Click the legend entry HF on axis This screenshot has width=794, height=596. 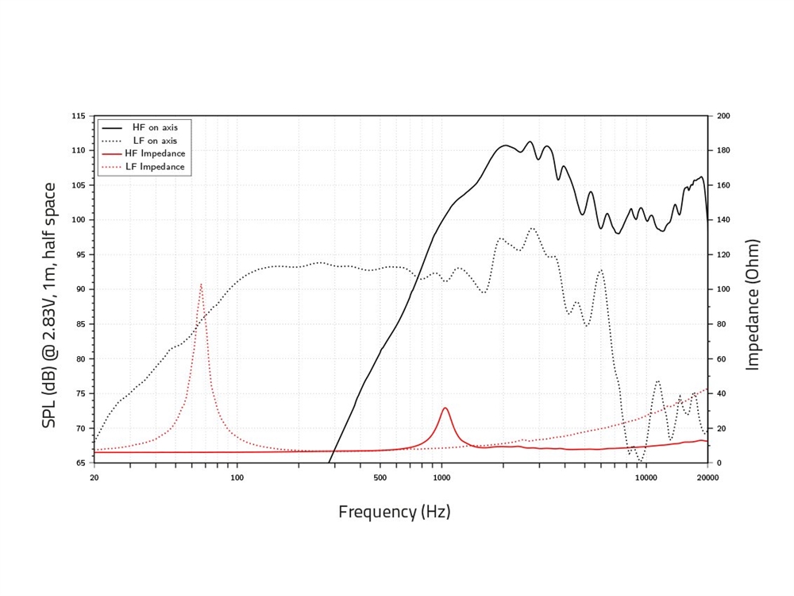[155, 127]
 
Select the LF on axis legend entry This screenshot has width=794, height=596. [155, 140]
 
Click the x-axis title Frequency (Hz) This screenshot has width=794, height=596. [394, 512]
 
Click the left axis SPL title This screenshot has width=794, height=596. [49, 305]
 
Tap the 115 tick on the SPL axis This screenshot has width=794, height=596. [79, 116]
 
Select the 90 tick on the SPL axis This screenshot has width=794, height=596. [80, 289]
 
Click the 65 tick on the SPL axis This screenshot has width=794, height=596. [80, 463]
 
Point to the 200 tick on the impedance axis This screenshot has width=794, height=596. [724, 116]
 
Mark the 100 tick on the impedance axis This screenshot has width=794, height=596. [724, 289]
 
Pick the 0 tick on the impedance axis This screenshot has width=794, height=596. [718, 463]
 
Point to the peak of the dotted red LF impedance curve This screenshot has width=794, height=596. [201, 283]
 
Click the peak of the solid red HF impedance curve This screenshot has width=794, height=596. [445, 408]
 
